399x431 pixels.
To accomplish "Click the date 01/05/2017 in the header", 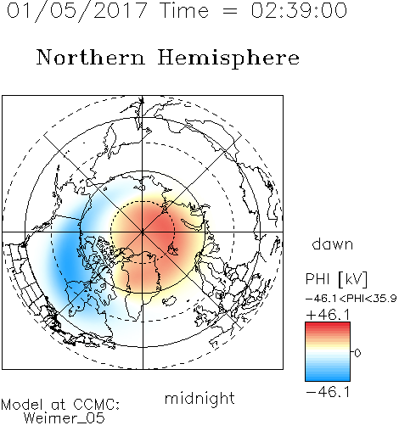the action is tap(76, 10).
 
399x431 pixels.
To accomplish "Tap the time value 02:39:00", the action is tap(299, 10).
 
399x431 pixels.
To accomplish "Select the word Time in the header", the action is tap(184, 10).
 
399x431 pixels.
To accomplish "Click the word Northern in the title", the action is tap(91, 57).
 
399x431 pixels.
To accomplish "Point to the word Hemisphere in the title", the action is tap(228, 59).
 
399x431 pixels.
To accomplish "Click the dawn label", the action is tap(333, 243).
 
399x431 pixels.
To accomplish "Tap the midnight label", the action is tap(199, 398).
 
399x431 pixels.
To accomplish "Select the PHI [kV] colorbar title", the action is tap(336, 279).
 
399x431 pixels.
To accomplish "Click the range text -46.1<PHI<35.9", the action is tap(351, 299).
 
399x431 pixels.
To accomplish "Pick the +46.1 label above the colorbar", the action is tap(328, 315).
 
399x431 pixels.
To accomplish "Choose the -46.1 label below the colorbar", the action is tap(328, 392).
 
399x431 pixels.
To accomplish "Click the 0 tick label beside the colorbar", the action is tap(357, 353).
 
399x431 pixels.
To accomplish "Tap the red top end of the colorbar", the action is tap(328, 324).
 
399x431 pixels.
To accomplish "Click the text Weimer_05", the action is tap(65, 418).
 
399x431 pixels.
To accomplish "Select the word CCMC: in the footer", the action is tap(96, 405).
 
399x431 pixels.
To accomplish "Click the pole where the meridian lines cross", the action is tap(143, 232).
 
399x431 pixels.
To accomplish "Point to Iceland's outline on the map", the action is tap(169, 299).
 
